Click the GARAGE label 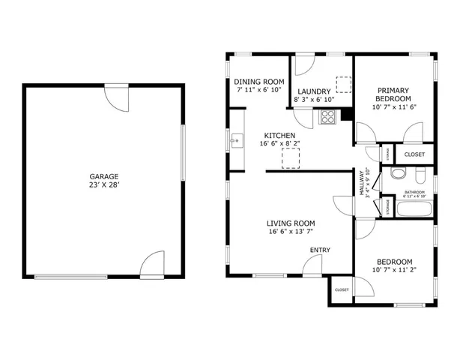click(x=104, y=177)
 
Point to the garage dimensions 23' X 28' click(x=104, y=185)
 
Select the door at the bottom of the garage click(x=151, y=265)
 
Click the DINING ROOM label click(x=258, y=82)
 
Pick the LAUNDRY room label click(x=312, y=91)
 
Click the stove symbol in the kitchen click(x=327, y=116)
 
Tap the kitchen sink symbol click(x=236, y=139)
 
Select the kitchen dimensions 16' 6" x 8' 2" click(x=279, y=143)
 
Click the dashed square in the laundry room click(x=344, y=84)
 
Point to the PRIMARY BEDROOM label click(x=393, y=94)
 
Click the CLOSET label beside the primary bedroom click(x=414, y=154)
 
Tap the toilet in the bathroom click(x=399, y=175)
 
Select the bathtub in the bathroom click(x=411, y=208)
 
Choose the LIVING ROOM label click(x=291, y=223)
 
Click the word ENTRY click(x=319, y=250)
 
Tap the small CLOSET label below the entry click(x=342, y=289)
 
